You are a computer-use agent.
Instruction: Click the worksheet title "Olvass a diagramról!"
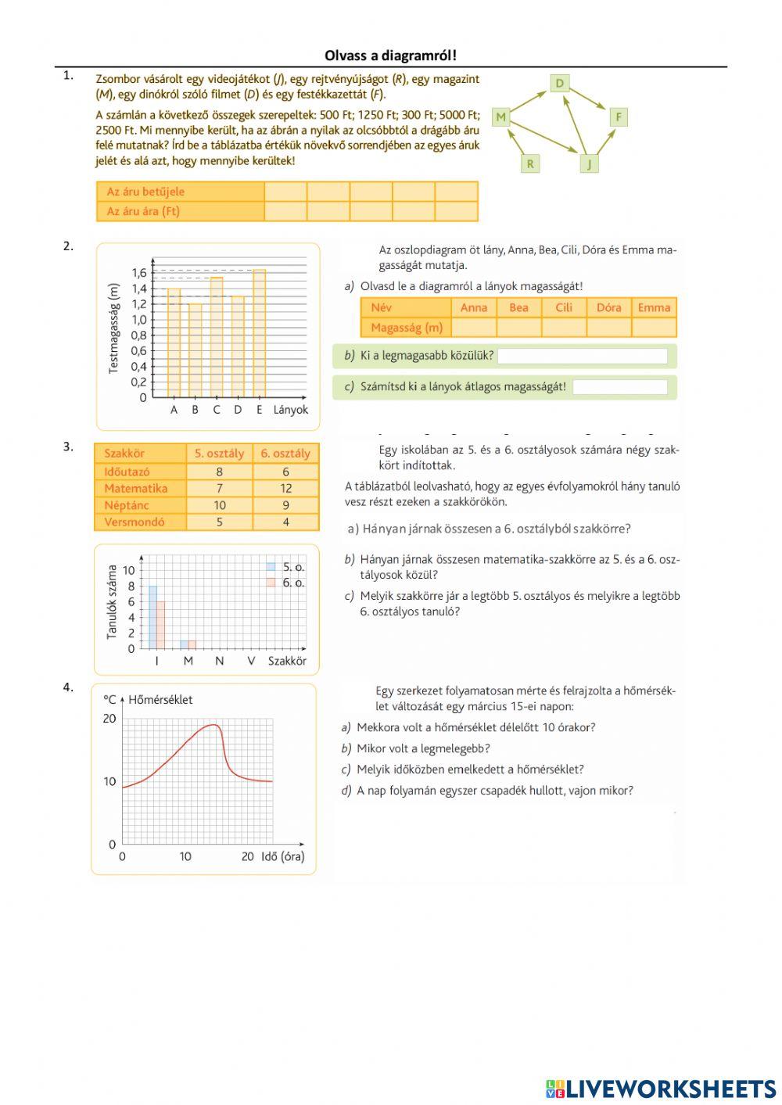(390, 56)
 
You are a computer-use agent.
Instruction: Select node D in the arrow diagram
(560, 83)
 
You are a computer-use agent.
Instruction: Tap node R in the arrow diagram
(530, 163)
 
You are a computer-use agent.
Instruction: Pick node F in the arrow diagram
(618, 117)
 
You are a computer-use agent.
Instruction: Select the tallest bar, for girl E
(259, 332)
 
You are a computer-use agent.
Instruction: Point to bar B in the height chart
(195, 350)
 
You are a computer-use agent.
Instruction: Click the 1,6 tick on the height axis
(139, 273)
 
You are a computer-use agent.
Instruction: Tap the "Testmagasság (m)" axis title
(114, 328)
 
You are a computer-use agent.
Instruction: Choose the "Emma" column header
(654, 307)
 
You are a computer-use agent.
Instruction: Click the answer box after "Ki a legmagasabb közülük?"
(583, 357)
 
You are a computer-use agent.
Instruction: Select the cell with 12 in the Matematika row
(285, 488)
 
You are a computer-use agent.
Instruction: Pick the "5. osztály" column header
(219, 454)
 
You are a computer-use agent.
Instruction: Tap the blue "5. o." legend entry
(285, 567)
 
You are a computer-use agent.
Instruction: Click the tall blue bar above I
(153, 617)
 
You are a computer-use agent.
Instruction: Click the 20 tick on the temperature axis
(109, 719)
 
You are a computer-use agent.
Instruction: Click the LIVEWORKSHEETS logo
(661, 1089)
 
